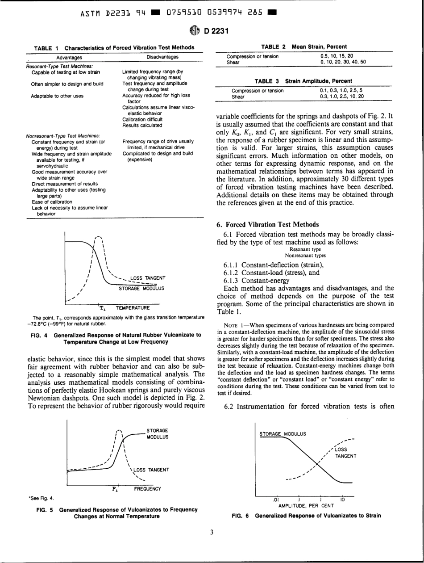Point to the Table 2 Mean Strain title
[303, 47]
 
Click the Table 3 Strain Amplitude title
[303, 81]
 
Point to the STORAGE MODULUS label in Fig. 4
[141, 288]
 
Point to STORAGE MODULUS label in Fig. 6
[281, 433]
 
